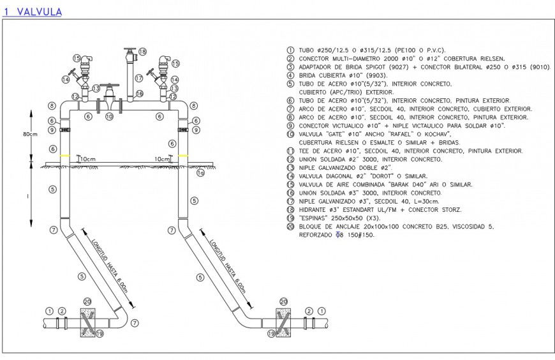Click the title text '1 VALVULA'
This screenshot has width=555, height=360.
pyautogui.click(x=33, y=11)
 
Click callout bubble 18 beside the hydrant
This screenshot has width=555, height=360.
pyautogui.click(x=142, y=52)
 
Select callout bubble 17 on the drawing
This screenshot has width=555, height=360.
pyautogui.click(x=138, y=79)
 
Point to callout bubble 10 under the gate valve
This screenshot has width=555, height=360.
pyautogui.click(x=109, y=117)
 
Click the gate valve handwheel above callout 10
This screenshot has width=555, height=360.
pyautogui.click(x=112, y=85)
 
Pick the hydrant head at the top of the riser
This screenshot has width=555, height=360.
pyautogui.click(x=131, y=50)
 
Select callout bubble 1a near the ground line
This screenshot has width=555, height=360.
pyautogui.click(x=200, y=172)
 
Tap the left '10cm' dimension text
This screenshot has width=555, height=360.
pyautogui.click(x=87, y=159)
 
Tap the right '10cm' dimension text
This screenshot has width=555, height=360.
pyautogui.click(x=163, y=159)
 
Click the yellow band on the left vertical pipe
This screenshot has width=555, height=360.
pyautogui.click(x=64, y=156)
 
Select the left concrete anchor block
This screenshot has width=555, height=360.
pyautogui.click(x=89, y=321)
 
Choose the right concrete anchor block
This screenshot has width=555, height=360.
pyautogui.click(x=285, y=321)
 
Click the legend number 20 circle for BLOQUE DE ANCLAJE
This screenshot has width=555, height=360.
pyautogui.click(x=290, y=227)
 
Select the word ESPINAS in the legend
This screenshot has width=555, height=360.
pyautogui.click(x=315, y=218)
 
